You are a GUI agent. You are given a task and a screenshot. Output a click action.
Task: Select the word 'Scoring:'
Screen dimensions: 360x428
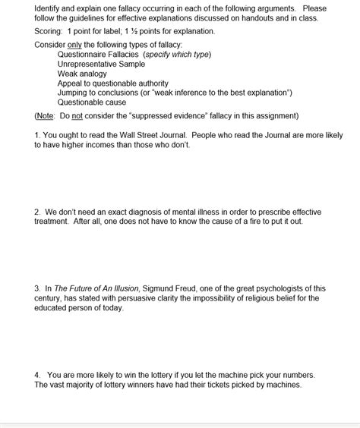(x=49, y=31)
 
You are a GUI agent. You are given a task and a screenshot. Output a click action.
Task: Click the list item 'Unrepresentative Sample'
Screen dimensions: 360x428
(x=101, y=65)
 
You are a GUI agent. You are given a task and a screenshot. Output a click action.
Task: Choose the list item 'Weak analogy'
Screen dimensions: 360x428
(x=82, y=74)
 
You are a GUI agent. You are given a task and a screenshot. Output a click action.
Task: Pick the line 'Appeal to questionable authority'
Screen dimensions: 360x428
(x=113, y=83)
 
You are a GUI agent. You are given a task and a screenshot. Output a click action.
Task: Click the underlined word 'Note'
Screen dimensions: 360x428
(x=45, y=116)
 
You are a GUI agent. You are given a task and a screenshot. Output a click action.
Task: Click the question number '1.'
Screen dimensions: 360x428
(x=38, y=135)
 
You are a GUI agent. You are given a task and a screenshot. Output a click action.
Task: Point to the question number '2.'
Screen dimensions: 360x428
(x=38, y=212)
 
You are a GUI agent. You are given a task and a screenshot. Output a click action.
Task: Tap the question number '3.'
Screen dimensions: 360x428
(x=38, y=288)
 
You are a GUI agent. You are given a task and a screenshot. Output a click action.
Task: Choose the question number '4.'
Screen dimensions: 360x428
(x=38, y=375)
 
